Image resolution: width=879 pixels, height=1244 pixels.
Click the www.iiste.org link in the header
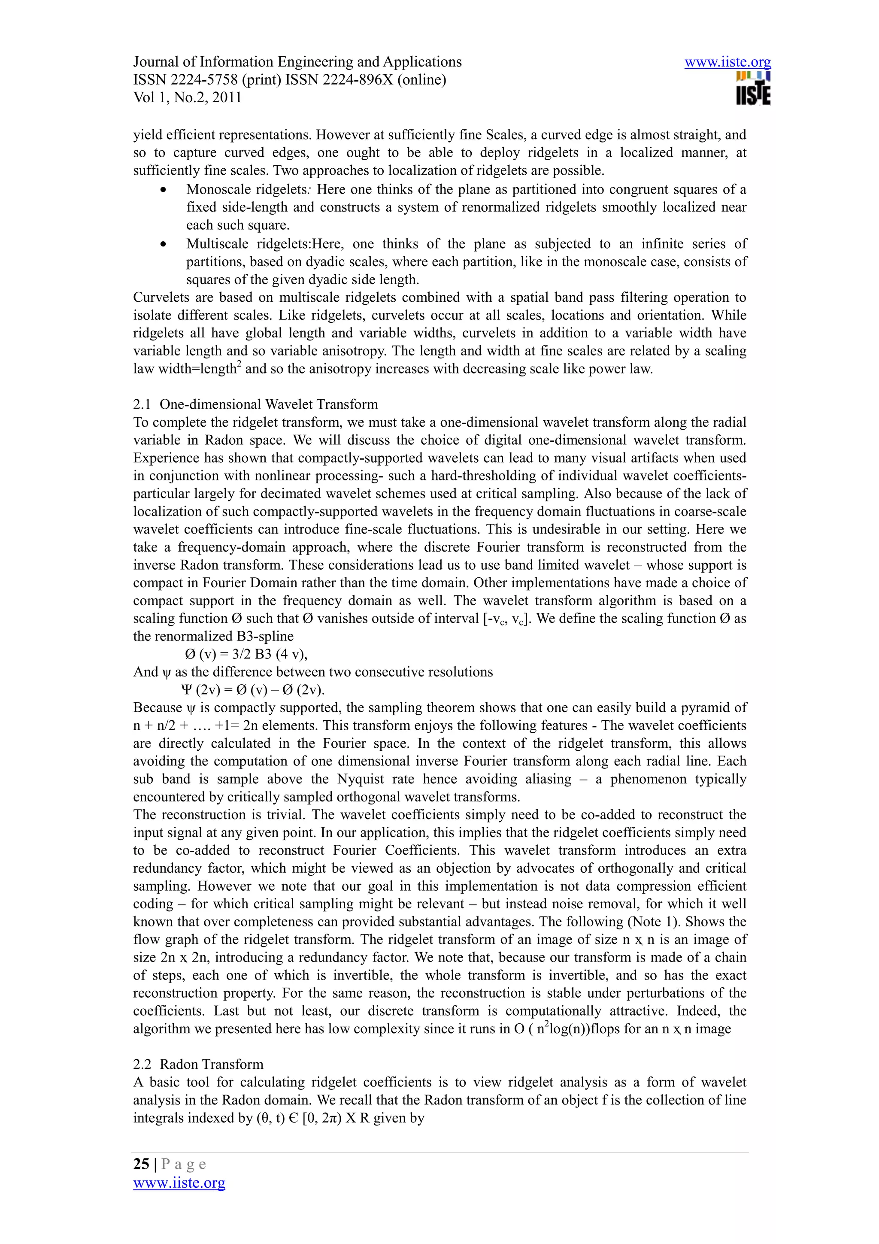click(x=727, y=62)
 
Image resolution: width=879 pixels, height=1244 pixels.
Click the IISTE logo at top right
click(x=753, y=88)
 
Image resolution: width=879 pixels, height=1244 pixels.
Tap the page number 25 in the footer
click(x=141, y=1164)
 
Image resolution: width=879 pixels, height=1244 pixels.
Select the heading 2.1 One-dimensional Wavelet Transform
click(x=255, y=404)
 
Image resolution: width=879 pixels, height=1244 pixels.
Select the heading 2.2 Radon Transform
click(x=198, y=1064)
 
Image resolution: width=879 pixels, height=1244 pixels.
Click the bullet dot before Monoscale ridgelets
click(x=164, y=190)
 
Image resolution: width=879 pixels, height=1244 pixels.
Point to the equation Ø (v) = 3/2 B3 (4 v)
click(x=246, y=654)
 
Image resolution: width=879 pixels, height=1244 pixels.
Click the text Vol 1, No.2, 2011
click(x=188, y=97)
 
